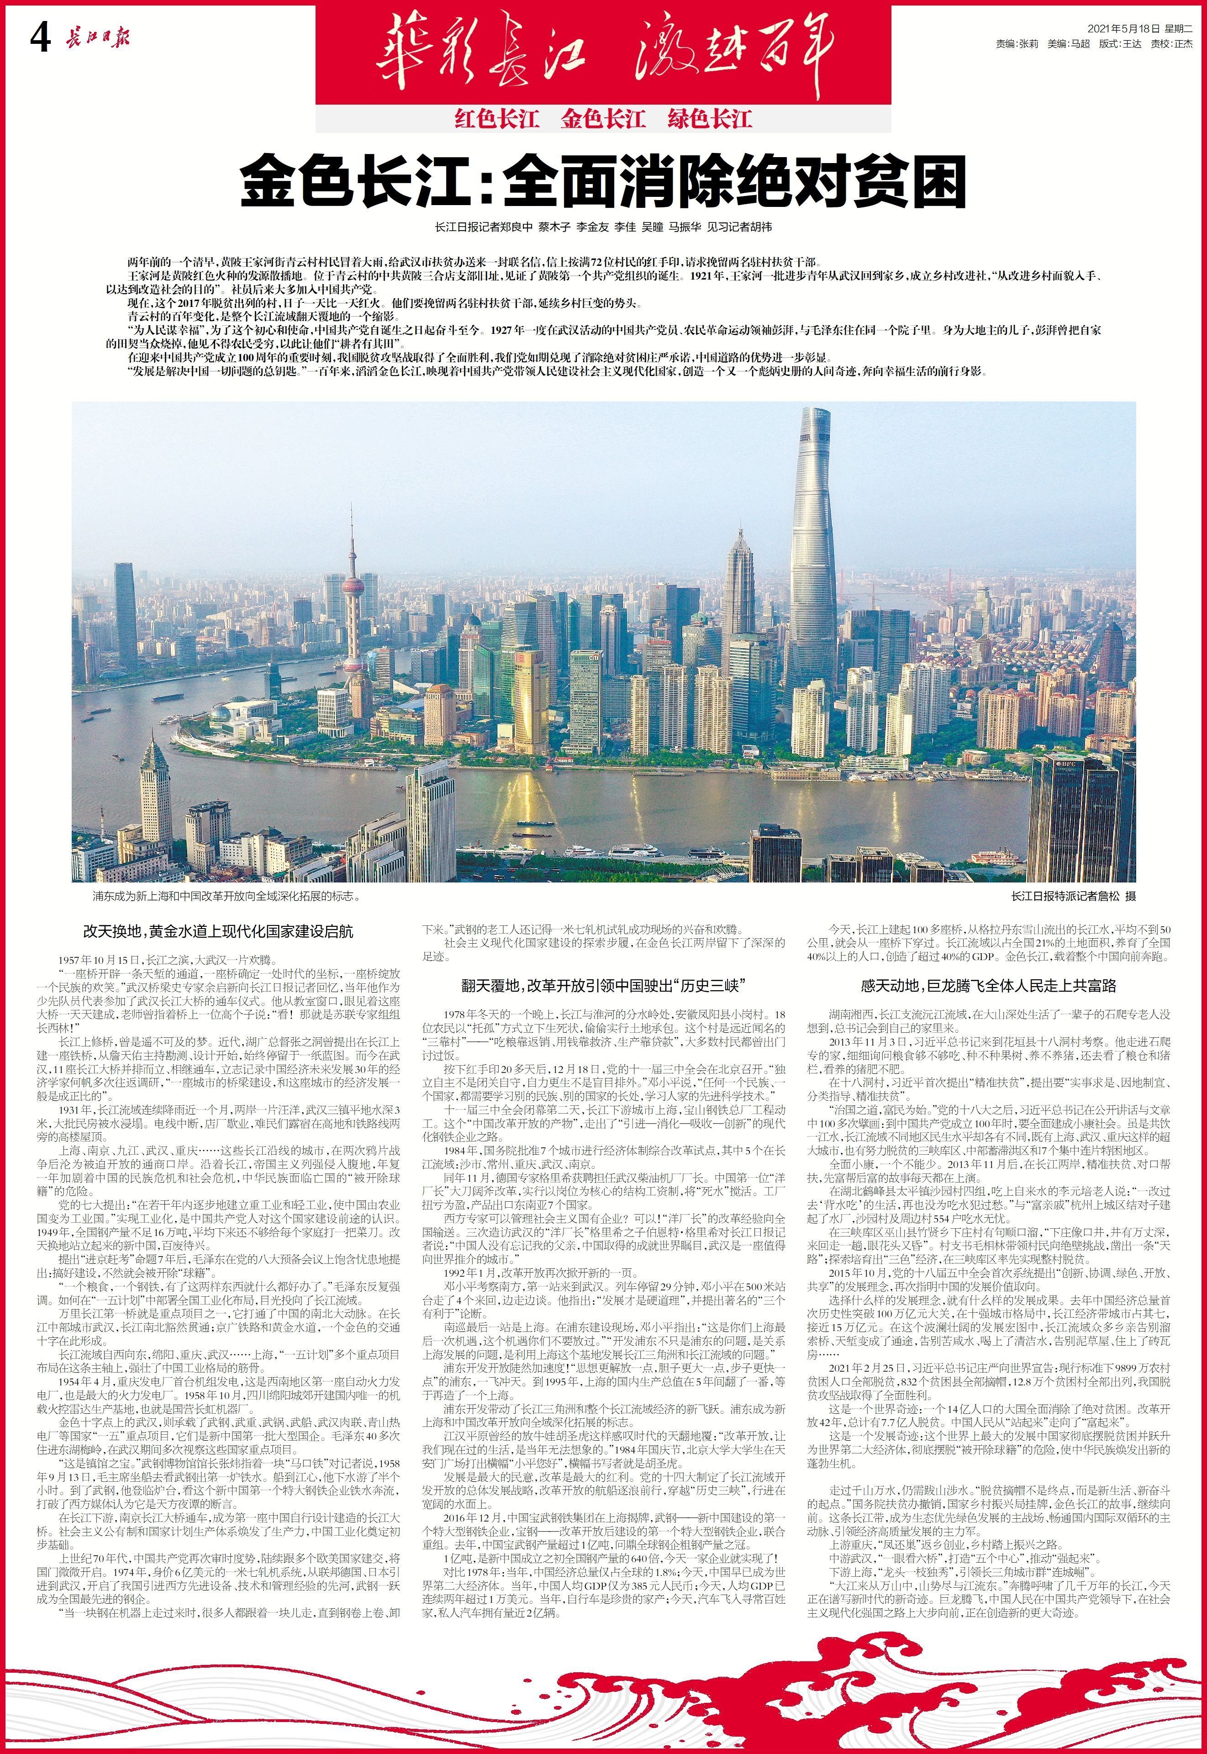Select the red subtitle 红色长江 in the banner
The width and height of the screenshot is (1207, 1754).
(x=496, y=119)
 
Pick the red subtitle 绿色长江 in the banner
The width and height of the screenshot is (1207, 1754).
(x=709, y=119)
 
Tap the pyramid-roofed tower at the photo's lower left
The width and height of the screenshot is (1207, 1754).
(x=154, y=790)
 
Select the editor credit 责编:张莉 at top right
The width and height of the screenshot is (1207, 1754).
(x=1017, y=44)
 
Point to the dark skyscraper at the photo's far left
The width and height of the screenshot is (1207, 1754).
(x=126, y=613)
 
